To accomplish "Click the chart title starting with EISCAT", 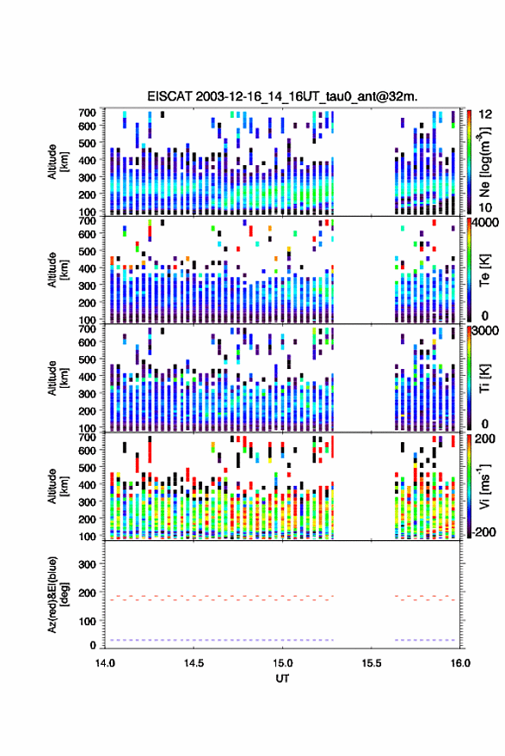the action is pyautogui.click(x=282, y=96).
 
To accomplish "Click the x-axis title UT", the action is pyautogui.click(x=282, y=679).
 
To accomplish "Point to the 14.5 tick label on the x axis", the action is pyautogui.click(x=194, y=663).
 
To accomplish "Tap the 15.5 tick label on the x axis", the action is pyautogui.click(x=371, y=663).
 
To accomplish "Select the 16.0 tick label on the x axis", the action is pyautogui.click(x=460, y=663).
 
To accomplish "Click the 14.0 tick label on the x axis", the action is pyautogui.click(x=105, y=663).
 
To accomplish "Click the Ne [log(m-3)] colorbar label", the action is pyautogui.click(x=483, y=162).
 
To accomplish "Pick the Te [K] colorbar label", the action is pyautogui.click(x=484, y=270).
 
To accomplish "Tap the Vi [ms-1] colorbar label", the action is pyautogui.click(x=483, y=486).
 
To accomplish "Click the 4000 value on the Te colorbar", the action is pyautogui.click(x=485, y=223).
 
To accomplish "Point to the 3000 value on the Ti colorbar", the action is pyautogui.click(x=485, y=331).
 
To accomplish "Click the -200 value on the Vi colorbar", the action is pyautogui.click(x=484, y=532).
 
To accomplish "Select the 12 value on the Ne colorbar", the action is pyautogui.click(x=485, y=114).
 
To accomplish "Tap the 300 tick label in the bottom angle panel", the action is pyautogui.click(x=87, y=564).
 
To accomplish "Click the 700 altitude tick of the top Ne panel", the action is pyautogui.click(x=87, y=113).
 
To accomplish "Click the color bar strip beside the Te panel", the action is pyautogui.click(x=469, y=269).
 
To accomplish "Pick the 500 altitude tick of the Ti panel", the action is pyautogui.click(x=87, y=360).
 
